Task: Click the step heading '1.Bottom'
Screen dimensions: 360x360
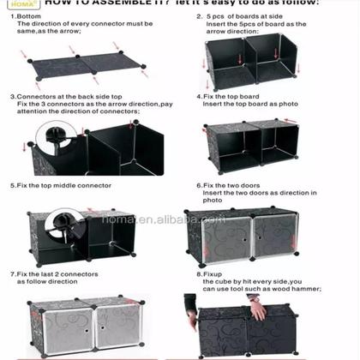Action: click(26, 16)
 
